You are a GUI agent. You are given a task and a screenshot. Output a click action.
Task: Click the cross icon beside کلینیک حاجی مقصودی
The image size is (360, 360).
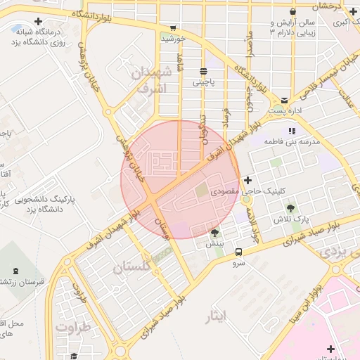click(x=246, y=181)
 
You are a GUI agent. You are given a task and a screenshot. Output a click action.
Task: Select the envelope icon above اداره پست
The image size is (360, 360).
click(x=284, y=101)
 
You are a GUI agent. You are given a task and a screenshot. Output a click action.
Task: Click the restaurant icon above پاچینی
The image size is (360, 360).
click(x=204, y=71)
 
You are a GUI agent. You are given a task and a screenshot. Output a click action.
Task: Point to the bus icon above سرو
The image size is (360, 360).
click(x=238, y=252)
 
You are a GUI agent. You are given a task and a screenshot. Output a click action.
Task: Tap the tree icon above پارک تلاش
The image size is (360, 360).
click(x=290, y=208)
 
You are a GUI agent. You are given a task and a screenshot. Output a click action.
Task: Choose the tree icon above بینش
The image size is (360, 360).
click(x=214, y=233)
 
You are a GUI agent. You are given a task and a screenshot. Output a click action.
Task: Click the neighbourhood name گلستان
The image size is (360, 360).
click(x=131, y=266)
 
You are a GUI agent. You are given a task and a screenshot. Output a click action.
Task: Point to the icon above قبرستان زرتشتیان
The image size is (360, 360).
click(x=18, y=271)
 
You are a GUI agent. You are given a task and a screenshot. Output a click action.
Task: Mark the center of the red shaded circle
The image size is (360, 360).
click(x=180, y=179)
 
